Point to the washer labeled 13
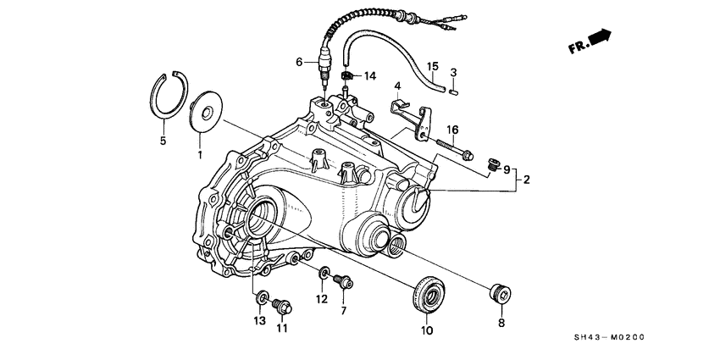262,297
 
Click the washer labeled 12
324,274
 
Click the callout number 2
526,180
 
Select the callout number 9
507,169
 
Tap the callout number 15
432,66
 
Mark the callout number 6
299,62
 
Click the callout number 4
396,85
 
